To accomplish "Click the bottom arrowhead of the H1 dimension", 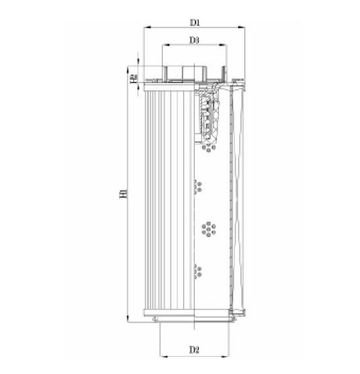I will [130, 319].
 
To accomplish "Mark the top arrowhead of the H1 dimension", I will [130, 67].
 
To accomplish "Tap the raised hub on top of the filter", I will [182, 73].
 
